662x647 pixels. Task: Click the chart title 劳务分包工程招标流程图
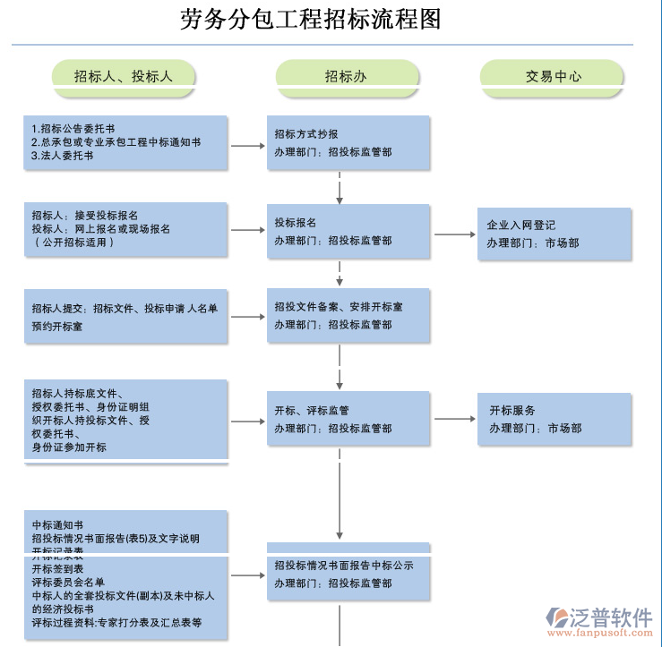click(311, 20)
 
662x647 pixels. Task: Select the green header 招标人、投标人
click(124, 76)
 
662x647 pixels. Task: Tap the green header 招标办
click(346, 76)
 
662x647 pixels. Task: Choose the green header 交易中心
click(553, 76)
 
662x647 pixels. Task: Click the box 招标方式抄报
click(348, 142)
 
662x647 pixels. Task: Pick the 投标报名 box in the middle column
click(348, 231)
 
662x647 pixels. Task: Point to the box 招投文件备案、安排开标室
click(348, 315)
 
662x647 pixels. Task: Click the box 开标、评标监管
click(348, 419)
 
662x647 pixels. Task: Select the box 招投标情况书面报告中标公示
click(348, 573)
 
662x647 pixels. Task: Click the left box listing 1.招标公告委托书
click(125, 142)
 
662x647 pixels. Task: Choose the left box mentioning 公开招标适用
click(125, 229)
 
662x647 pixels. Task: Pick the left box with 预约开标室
click(125, 316)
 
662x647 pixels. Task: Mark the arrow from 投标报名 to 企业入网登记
click(454, 235)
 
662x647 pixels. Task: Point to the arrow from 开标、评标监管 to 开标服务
click(454, 419)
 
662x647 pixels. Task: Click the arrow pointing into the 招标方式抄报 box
click(248, 145)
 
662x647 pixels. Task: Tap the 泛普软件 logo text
click(611, 617)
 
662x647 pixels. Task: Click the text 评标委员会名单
click(68, 582)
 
